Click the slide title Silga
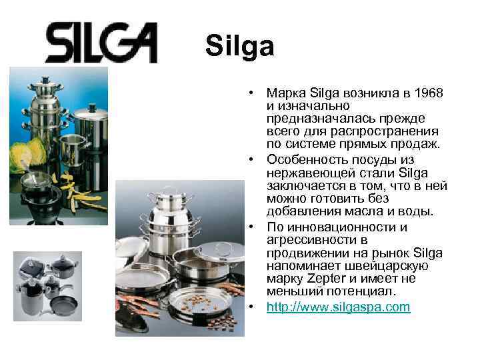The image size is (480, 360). coord(239,47)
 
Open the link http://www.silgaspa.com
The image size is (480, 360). coord(338,307)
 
